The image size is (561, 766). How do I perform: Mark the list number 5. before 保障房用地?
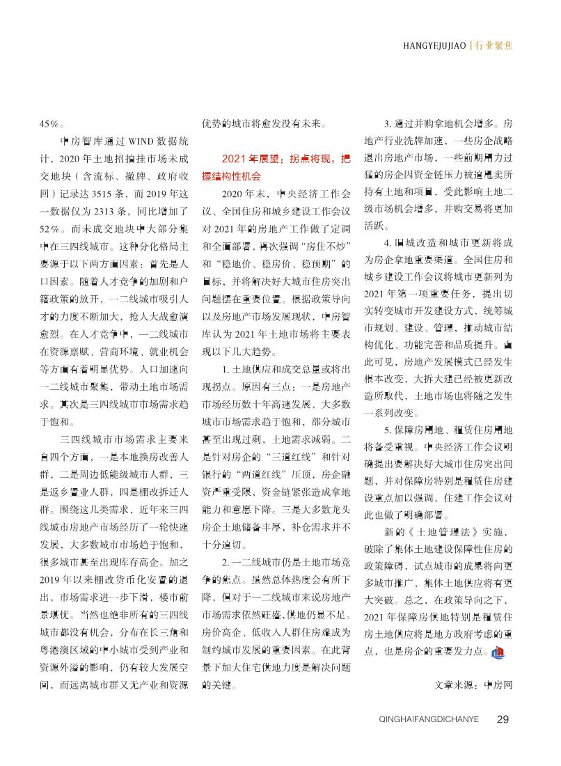pos(387,430)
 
